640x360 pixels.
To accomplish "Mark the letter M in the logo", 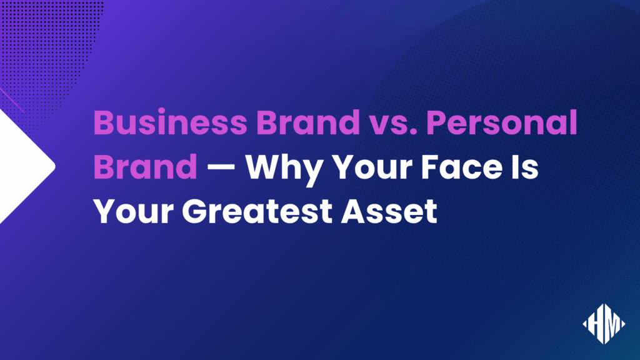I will pos(611,323).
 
